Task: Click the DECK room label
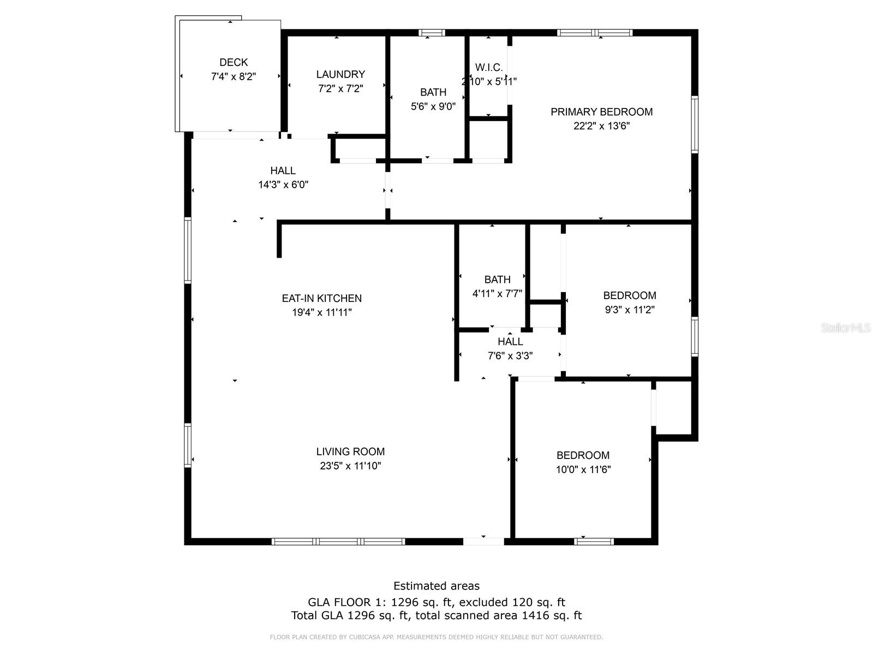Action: click(x=234, y=62)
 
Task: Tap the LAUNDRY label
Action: click(x=340, y=74)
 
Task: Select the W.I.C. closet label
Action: click(x=489, y=68)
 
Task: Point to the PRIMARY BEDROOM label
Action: click(x=601, y=112)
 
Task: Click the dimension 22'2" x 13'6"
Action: click(x=601, y=126)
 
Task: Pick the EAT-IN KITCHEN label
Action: click(x=322, y=298)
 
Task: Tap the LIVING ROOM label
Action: click(x=350, y=451)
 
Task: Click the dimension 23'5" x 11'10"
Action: click(x=350, y=466)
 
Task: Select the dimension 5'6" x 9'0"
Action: click(x=433, y=106)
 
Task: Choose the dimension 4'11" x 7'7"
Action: click(x=497, y=294)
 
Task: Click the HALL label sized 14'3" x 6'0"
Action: click(x=283, y=171)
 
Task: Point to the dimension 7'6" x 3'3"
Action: click(x=510, y=355)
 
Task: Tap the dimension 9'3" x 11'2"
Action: click(x=630, y=309)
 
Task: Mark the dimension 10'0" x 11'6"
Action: click(x=583, y=469)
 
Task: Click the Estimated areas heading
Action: click(x=436, y=586)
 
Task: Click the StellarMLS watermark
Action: click(x=846, y=328)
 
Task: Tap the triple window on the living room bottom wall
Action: click(x=338, y=541)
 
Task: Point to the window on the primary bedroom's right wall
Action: click(x=695, y=124)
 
